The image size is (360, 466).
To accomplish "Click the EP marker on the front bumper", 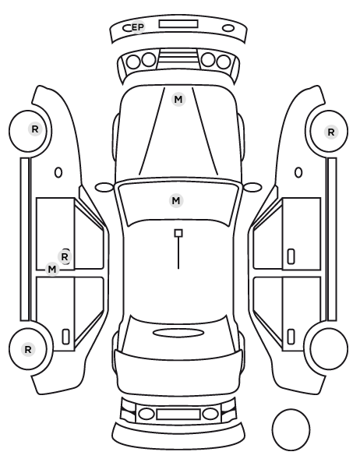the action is click(x=138, y=27).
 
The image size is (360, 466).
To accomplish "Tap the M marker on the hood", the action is click(x=178, y=99).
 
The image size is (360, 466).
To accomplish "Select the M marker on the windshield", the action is click(x=176, y=201).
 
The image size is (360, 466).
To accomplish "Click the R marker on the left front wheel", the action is click(x=35, y=129).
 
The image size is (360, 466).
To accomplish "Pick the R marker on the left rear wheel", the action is click(x=28, y=349).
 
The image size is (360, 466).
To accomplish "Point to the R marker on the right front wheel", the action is click(x=331, y=132).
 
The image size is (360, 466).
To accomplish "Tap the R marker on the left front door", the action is click(x=65, y=256).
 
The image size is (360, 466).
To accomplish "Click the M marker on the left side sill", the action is click(x=52, y=270).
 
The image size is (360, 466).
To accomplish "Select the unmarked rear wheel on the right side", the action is click(x=329, y=348).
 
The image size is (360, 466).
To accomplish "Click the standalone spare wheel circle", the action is click(x=291, y=429).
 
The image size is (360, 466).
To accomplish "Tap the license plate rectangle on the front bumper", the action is click(x=178, y=24).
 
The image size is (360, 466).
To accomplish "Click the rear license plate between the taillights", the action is click(x=178, y=415).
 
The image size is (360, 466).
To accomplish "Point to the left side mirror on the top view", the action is click(x=104, y=187).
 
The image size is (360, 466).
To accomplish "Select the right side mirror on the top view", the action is click(x=252, y=187).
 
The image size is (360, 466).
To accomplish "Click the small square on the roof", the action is click(x=178, y=233).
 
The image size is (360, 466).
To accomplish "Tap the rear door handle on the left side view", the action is click(x=65, y=337).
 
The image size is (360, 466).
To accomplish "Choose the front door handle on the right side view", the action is click(x=291, y=256).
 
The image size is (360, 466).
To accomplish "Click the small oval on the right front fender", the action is click(x=298, y=173).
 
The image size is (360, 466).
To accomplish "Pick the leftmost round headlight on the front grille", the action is click(x=133, y=62).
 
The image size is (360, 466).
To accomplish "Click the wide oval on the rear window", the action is click(x=178, y=334).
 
